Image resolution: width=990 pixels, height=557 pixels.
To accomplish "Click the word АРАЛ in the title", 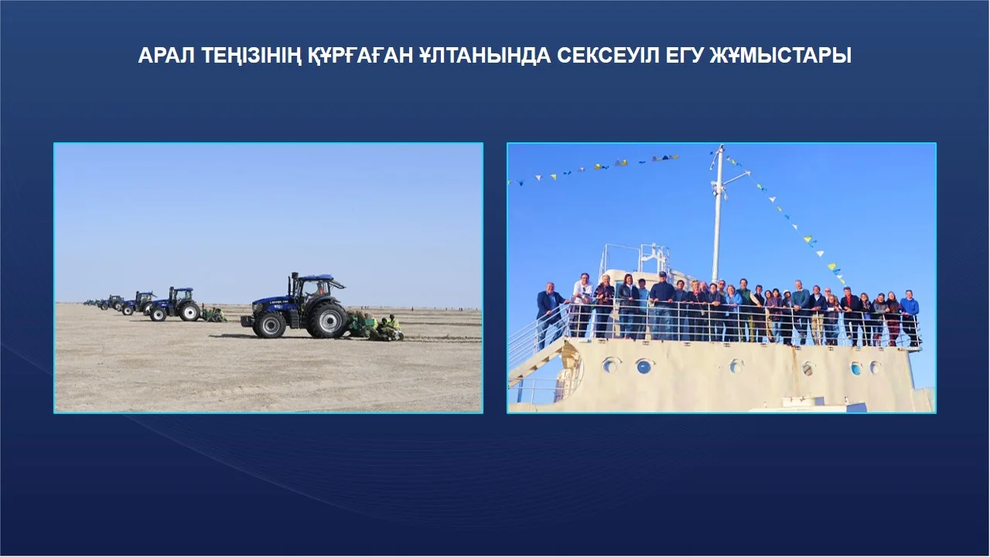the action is tap(166, 56).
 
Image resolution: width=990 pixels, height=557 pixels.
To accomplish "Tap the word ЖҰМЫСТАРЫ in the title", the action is tap(780, 56).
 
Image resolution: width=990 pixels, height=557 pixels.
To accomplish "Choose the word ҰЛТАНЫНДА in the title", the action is tap(485, 56).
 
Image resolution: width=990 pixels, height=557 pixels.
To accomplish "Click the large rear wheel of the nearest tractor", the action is tap(327, 320).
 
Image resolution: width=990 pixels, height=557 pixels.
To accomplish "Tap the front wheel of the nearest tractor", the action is tap(269, 325).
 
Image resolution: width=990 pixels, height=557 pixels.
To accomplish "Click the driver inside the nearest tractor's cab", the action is tap(317, 289).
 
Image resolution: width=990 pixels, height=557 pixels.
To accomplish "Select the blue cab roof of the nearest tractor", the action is tap(315, 277).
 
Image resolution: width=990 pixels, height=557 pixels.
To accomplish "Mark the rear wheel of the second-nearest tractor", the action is tap(189, 311).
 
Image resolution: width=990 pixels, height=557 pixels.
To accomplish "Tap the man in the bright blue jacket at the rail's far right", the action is tap(910, 317).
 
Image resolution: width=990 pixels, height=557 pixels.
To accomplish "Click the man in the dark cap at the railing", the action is tap(661, 305).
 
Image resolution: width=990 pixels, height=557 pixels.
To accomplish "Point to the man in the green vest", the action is tap(744, 309).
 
